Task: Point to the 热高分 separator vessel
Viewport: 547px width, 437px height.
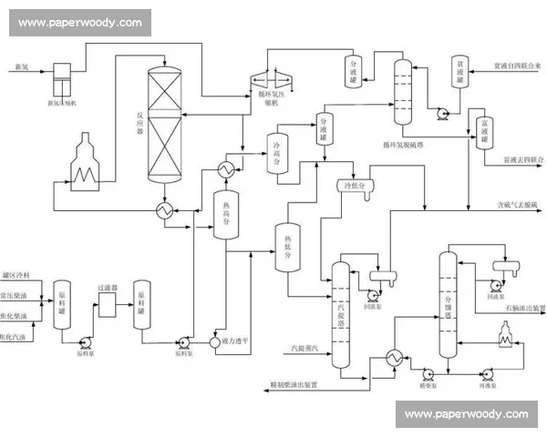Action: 225,216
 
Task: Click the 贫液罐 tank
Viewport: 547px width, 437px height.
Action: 460,72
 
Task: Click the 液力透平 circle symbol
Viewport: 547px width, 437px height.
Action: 217,343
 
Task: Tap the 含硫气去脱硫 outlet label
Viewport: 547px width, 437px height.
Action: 517,204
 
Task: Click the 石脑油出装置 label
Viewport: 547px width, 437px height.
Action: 524,308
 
